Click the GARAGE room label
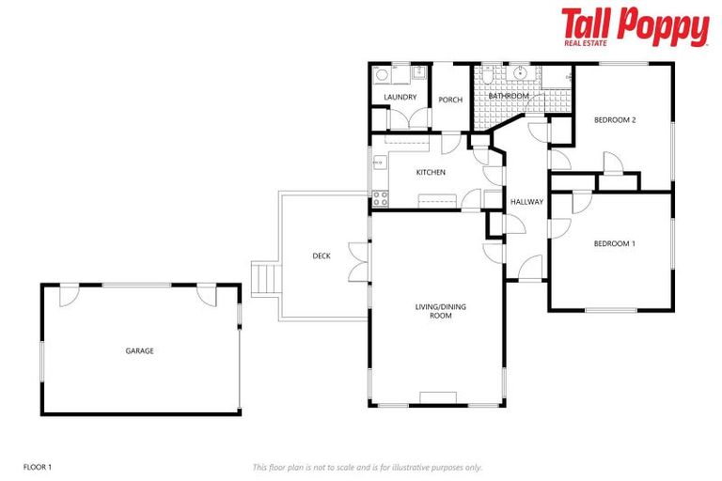point(140,351)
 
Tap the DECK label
point(322,256)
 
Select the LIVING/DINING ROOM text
point(434,311)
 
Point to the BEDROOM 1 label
point(614,244)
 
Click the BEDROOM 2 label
point(615,120)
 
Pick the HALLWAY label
point(526,202)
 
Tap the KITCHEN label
point(431,173)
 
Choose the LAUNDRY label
point(400,98)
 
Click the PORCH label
point(450,100)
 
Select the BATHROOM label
point(509,97)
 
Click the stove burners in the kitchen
point(381,198)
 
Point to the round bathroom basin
point(519,72)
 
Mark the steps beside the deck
point(266,279)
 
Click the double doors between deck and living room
point(358,262)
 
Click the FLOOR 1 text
point(37,467)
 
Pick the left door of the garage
point(68,295)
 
